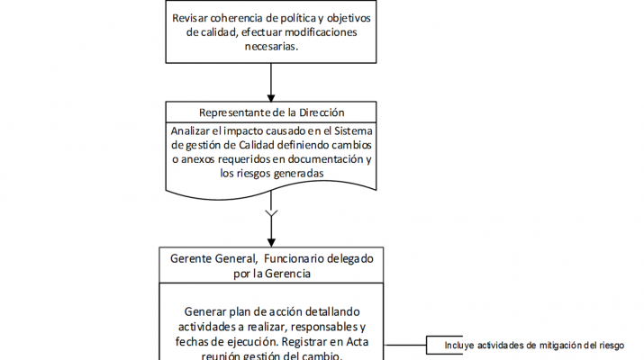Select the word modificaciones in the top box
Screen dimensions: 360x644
coord(306,32)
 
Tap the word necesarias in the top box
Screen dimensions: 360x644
coord(271,49)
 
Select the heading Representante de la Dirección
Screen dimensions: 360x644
coord(271,112)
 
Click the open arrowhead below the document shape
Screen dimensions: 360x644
coord(271,215)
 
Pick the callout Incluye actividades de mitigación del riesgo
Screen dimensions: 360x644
coord(533,345)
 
